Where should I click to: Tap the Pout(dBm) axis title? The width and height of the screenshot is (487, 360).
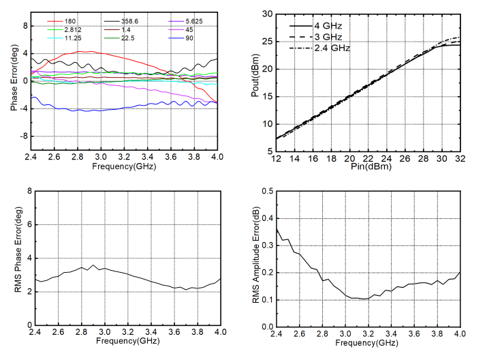255,80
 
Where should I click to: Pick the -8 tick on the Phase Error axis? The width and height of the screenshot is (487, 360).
25,136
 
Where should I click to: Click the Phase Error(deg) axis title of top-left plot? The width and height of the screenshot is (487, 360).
12,80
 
